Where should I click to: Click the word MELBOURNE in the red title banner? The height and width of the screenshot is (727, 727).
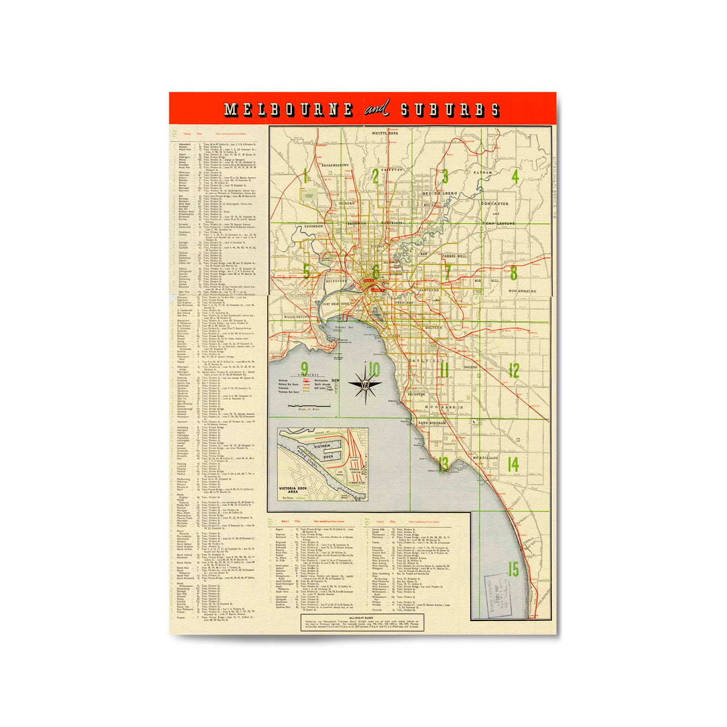point(288,110)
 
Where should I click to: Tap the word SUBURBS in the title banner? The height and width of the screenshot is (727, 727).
point(450,110)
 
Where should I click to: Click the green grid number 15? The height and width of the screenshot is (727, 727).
point(514,569)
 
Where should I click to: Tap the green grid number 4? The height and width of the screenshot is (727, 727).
point(514,177)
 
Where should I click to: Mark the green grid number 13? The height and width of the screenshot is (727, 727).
point(444,464)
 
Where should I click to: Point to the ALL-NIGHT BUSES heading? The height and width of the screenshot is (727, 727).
point(362,619)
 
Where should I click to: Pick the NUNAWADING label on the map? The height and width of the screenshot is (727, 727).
point(514,291)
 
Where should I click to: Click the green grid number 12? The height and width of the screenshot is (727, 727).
point(514,370)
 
